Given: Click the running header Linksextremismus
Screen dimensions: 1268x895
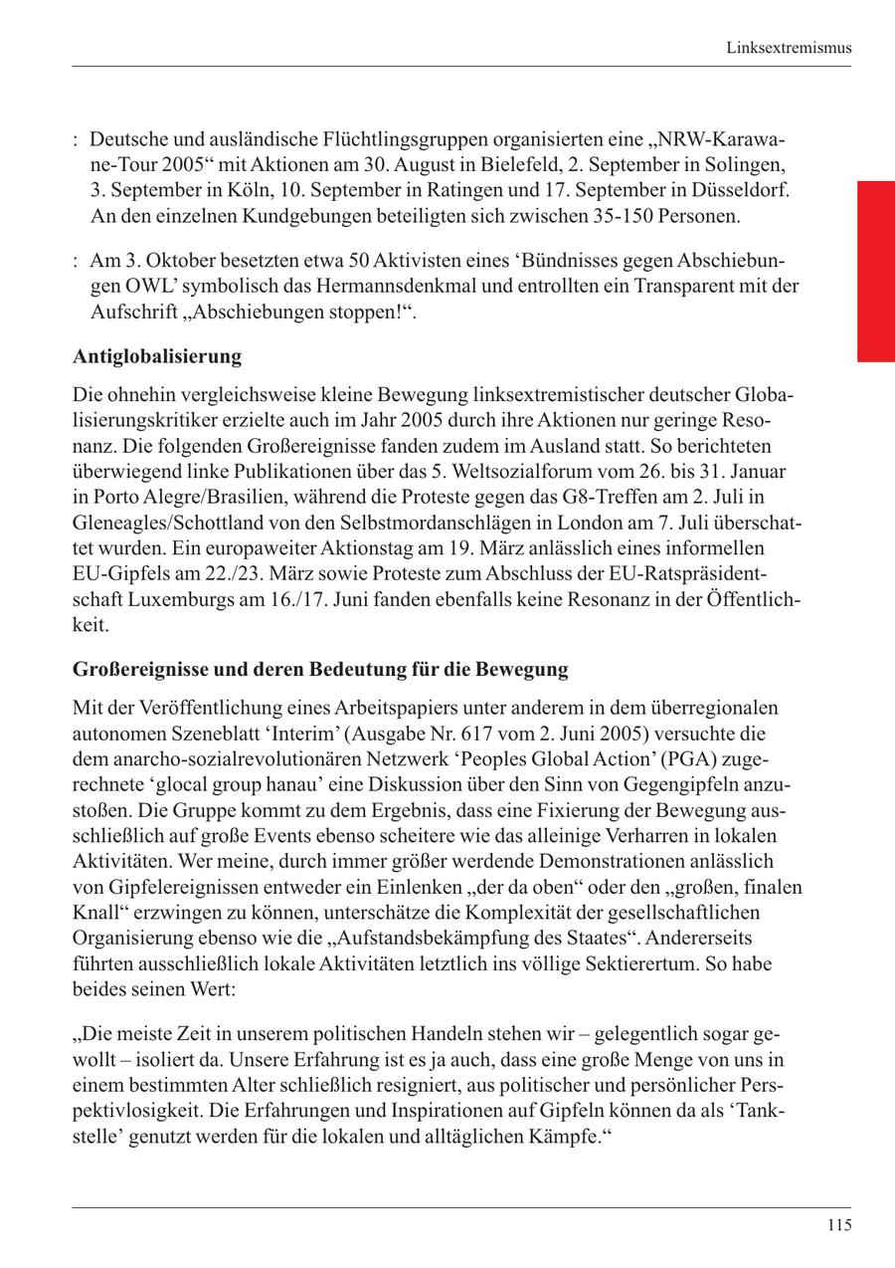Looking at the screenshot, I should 789,48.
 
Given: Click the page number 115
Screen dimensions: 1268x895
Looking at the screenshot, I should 838,1226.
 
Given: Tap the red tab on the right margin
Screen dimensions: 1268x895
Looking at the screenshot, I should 876,271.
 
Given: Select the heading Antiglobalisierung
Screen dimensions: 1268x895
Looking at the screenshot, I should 157,355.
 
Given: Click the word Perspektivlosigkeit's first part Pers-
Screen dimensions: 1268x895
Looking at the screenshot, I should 781,1083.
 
